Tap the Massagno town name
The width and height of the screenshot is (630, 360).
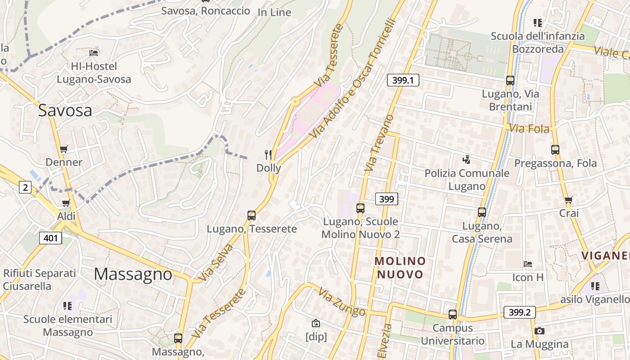[133, 274]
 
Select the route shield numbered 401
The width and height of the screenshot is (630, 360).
[50, 238]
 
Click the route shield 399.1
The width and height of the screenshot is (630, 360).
[403, 81]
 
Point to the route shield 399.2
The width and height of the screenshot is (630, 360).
[520, 312]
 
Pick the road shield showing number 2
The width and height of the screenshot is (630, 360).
[25, 187]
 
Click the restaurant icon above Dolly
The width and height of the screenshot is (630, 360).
[268, 155]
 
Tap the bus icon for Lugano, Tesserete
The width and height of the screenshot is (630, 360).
[252, 216]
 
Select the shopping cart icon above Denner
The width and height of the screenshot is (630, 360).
[64, 149]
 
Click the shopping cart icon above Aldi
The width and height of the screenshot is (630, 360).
[66, 203]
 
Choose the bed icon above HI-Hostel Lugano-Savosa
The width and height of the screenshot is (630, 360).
[94, 53]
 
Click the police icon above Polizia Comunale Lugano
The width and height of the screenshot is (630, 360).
[467, 159]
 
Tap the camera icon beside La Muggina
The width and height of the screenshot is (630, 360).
[539, 331]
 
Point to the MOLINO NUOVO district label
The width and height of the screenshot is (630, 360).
[400, 267]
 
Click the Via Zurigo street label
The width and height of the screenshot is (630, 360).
[342, 302]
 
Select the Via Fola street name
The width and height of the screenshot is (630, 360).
[529, 129]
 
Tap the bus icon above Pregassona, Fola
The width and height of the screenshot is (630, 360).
[555, 150]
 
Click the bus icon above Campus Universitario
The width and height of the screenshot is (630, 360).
[453, 315]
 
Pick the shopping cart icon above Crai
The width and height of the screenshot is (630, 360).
[568, 200]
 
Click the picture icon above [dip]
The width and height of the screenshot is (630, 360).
[316, 323]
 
